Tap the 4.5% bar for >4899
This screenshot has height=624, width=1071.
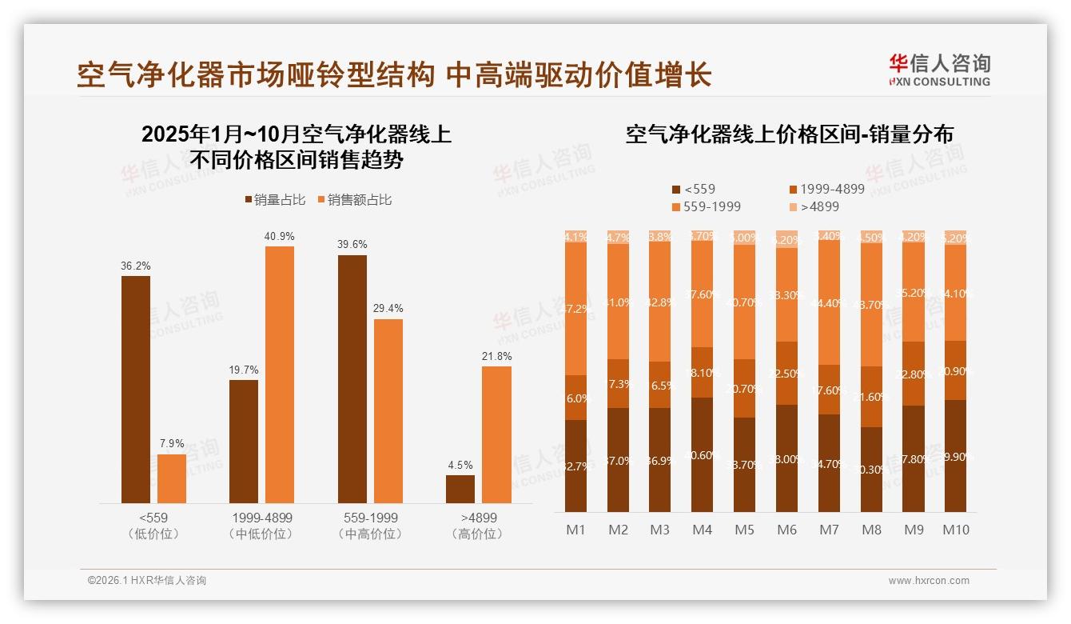pos(460,489)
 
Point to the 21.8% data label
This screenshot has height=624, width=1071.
pos(496,356)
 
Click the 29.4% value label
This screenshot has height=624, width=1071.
pos(388,309)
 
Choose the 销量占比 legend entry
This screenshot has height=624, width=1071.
pos(274,200)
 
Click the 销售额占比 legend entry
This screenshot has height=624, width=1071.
pos(354,200)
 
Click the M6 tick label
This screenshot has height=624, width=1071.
pos(786,530)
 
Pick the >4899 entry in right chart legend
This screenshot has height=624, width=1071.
pos(818,206)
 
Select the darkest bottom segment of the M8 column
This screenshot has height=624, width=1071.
pos(871,470)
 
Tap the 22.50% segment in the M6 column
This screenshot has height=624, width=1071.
pos(786,373)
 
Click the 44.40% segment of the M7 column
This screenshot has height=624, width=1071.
pos(829,302)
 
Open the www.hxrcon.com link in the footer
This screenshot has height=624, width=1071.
pos(928,581)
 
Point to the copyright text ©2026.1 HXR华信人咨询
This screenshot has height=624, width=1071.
pos(146,581)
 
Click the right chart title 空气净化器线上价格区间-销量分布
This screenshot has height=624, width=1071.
pos(789,134)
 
